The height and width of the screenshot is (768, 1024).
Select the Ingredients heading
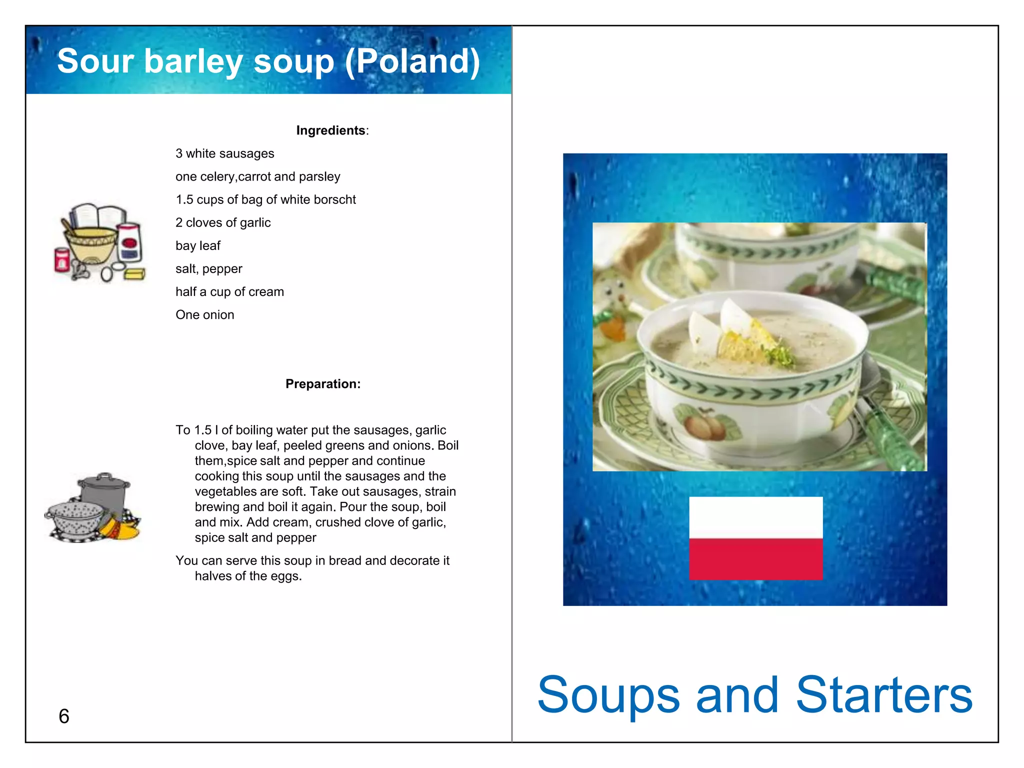pos(331,130)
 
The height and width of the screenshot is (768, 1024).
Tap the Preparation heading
pos(322,384)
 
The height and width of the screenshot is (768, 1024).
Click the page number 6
pos(64,716)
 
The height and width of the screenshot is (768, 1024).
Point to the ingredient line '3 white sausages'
pos(224,153)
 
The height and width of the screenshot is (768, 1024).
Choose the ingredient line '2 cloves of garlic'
pos(223,222)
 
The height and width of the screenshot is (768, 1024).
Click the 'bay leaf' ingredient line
pos(198,245)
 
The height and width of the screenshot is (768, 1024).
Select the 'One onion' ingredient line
pos(204,314)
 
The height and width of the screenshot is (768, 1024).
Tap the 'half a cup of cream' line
pos(229,291)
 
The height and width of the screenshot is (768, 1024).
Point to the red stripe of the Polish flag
pos(755,559)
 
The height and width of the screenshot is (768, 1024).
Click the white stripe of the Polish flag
pos(755,517)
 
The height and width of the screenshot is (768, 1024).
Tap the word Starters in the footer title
pos(883,695)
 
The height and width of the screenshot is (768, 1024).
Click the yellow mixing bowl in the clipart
pos(91,243)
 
